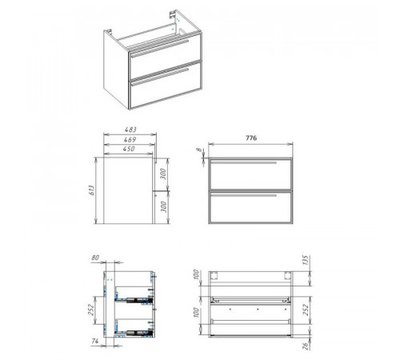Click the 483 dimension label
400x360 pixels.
click(130, 130)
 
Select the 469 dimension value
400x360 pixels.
click(130, 139)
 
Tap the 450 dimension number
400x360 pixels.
click(129, 149)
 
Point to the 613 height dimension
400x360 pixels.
click(91, 190)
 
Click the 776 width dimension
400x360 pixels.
click(251, 138)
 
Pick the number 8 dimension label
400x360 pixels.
click(200, 150)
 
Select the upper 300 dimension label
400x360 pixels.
click(164, 174)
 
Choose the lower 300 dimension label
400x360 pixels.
click(164, 206)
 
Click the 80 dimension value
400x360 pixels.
click(95, 258)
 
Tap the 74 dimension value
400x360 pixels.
click(95, 341)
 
